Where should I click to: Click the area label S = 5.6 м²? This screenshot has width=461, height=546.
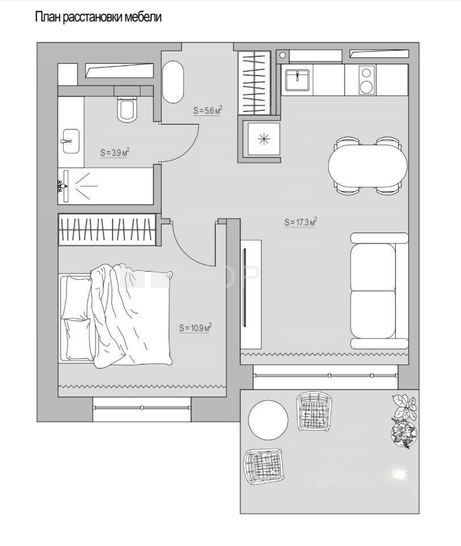pos(208,110)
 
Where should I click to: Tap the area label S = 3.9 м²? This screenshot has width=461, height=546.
pos(115,152)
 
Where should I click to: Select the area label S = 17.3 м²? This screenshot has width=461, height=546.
pos(301,222)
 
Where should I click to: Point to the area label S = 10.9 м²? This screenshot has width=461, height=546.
pos(196,328)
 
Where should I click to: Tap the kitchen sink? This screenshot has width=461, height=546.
pos(297,80)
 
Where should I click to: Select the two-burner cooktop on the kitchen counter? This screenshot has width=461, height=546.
pos(366,80)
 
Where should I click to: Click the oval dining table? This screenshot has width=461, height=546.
pos(367,166)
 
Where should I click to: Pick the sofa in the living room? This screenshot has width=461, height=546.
pos(379,291)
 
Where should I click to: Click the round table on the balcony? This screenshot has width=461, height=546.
pos(268,420)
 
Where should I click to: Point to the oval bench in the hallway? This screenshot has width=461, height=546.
pos(173,82)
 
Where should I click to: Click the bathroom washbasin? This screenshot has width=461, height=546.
pos(71,141)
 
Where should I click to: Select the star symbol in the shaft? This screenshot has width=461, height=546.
pos(264,139)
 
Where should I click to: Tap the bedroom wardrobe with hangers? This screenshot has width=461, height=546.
pos(107,229)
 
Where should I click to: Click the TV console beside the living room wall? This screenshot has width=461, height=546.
pos(251,294)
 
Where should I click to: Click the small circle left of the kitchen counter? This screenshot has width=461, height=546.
pos(283,55)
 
